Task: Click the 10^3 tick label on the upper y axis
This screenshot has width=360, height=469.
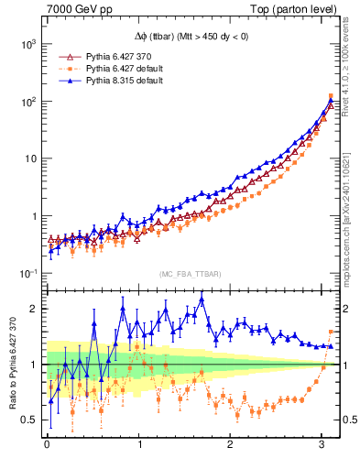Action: (x=27, y=44)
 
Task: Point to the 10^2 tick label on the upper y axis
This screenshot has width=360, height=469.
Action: (x=27, y=102)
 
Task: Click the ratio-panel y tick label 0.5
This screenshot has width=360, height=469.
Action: (x=27, y=420)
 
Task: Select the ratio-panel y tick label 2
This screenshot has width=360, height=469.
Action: (x=31, y=309)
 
